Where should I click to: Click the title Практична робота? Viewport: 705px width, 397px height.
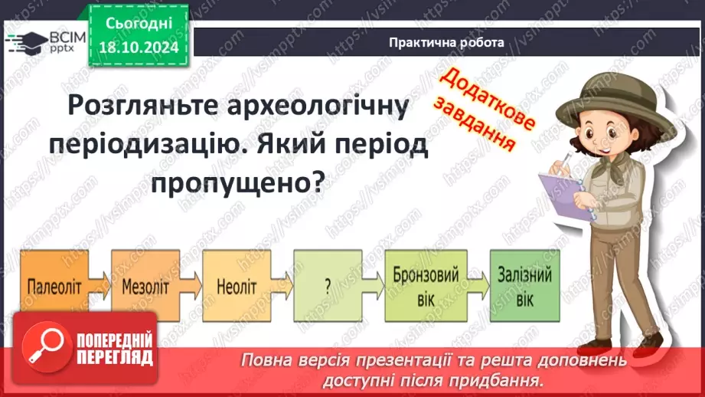[x=446, y=43]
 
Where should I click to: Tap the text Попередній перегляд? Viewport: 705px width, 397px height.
[x=114, y=349]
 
